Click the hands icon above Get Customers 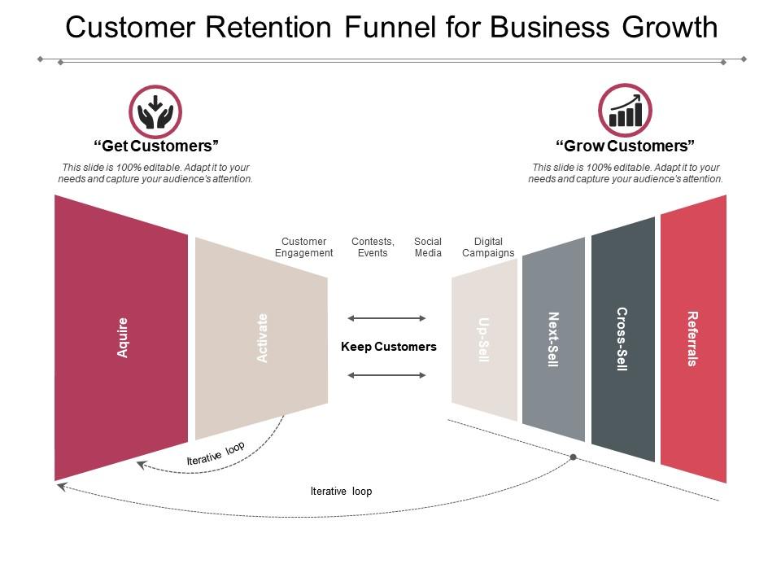155,112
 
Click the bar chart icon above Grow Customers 625,111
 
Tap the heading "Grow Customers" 625,146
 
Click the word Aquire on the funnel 123,338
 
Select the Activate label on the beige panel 262,338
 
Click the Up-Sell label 484,339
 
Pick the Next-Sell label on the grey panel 553,339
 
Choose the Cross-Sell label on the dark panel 622,339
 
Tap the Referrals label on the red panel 692,339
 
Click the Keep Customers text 388,347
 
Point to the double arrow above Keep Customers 386,318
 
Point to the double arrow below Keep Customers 386,375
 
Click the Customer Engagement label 303,247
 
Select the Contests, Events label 373,247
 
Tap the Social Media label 428,247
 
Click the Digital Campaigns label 488,247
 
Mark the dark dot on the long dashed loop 573,457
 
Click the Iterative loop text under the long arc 341,492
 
